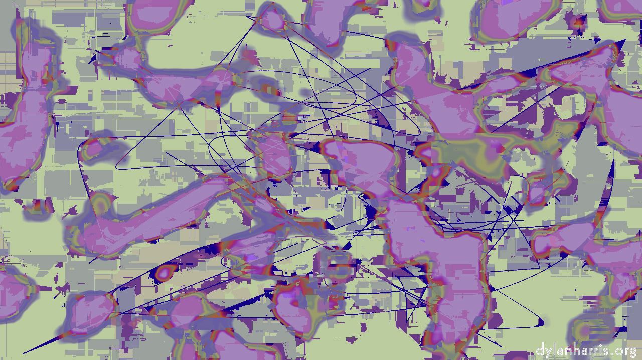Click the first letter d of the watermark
[x=540, y=350]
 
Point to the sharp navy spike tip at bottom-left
[x=24, y=353]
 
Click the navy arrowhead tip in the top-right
[x=625, y=40]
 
